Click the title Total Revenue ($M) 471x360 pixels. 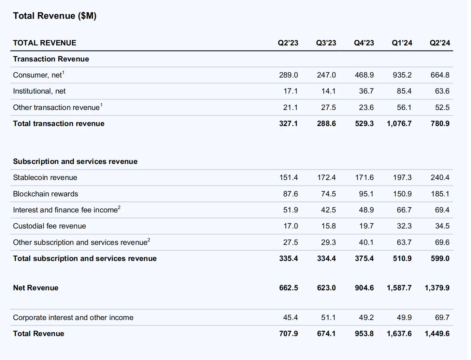point(55,16)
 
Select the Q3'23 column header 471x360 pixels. point(326,43)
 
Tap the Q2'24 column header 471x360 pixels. point(440,43)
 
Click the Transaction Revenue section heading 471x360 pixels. point(51,59)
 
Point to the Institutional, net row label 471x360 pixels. point(39,91)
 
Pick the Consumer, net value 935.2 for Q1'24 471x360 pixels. point(402,75)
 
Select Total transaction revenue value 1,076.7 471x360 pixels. point(399,124)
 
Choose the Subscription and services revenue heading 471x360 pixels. point(75,162)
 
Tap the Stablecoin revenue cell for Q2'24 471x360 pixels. point(440,178)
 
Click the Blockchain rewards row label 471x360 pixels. point(45,194)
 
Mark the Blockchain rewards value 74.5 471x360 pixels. point(328,194)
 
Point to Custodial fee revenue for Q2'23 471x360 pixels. point(290,226)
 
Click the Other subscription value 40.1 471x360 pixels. point(366,243)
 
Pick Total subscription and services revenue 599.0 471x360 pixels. point(440,259)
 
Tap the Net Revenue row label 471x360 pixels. point(35,288)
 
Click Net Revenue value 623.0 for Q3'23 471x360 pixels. point(326,288)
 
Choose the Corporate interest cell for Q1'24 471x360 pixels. point(404,318)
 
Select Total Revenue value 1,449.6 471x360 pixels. point(437,334)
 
